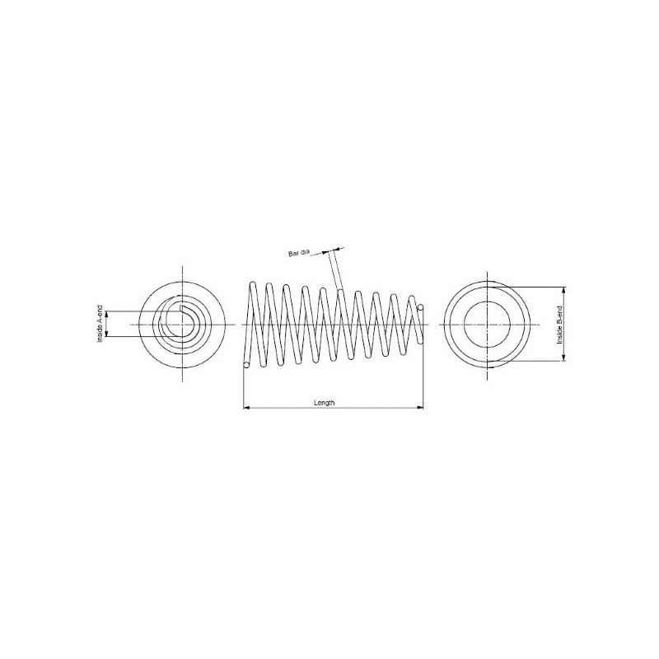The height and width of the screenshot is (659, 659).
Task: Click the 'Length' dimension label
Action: (325, 403)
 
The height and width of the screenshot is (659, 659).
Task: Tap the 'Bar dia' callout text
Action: (299, 254)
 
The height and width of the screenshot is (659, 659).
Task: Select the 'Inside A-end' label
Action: (100, 324)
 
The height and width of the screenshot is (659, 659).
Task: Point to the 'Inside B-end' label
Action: (559, 325)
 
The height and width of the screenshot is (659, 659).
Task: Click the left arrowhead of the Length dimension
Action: (246, 407)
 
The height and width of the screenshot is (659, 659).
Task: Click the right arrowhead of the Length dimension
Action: (420, 407)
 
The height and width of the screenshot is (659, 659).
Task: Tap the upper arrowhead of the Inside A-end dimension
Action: (107, 314)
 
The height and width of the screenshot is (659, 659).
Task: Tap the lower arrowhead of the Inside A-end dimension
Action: (107, 334)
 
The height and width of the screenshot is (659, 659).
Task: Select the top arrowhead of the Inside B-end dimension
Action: (564, 291)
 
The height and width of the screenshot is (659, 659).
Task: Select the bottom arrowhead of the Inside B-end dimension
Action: (564, 358)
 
